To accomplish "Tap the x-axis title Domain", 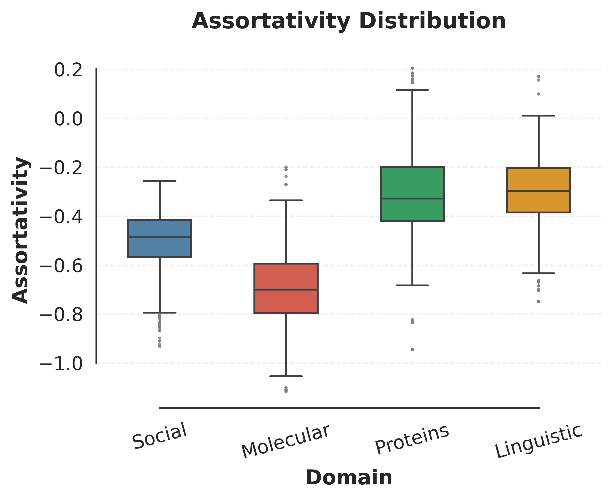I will (x=349, y=478).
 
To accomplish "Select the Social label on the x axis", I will (x=160, y=436).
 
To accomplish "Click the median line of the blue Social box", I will (x=160, y=238).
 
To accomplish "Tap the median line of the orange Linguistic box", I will (x=538, y=191).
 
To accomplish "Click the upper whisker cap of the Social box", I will (x=160, y=181).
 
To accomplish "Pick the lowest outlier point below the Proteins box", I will (x=412, y=349).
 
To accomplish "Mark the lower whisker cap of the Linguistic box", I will (x=538, y=273).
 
